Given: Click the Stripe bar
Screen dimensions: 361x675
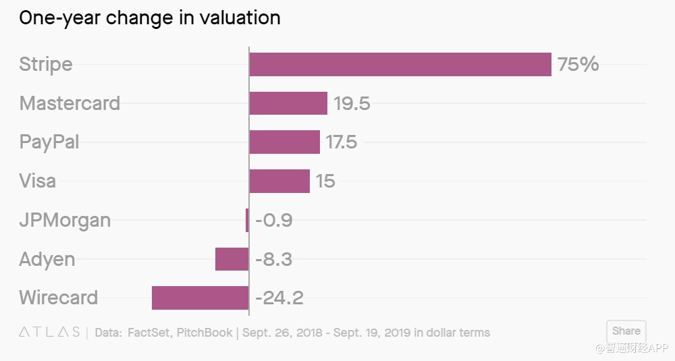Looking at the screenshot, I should pyautogui.click(x=400, y=65).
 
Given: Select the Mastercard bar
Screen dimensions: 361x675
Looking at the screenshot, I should pyautogui.click(x=288, y=103).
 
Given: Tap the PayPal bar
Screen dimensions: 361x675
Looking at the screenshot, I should pyautogui.click(x=284, y=142).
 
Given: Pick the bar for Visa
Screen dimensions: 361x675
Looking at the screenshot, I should pyautogui.click(x=279, y=181).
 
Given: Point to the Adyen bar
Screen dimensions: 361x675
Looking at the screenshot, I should pyautogui.click(x=232, y=259).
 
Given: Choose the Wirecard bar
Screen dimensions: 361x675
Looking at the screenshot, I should pyautogui.click(x=200, y=298).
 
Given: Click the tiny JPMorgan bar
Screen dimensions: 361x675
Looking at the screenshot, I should pyautogui.click(x=247, y=220).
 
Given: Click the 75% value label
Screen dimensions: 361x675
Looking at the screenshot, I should pyautogui.click(x=578, y=65).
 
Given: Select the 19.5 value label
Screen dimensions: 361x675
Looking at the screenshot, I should pyautogui.click(x=352, y=104).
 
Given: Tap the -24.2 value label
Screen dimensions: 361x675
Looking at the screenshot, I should pyautogui.click(x=279, y=298).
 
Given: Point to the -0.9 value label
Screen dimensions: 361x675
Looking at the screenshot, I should pyautogui.click(x=273, y=221).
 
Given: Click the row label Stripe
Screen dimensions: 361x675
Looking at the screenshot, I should pyautogui.click(x=46, y=65).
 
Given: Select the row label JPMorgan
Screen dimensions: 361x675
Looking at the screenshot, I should pyautogui.click(x=65, y=221).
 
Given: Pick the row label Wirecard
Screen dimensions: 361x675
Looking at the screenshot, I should pyautogui.click(x=59, y=298).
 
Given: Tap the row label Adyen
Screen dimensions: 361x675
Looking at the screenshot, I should pyautogui.click(x=47, y=260).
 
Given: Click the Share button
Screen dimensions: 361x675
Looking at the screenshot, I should pyautogui.click(x=626, y=331).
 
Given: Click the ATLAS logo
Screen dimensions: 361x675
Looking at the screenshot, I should pyautogui.click(x=49, y=333).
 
